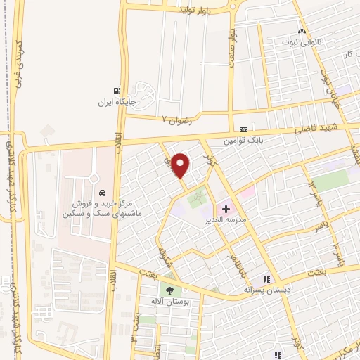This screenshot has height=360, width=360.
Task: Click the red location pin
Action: [181, 165]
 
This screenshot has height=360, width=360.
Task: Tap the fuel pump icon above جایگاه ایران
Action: [117, 90]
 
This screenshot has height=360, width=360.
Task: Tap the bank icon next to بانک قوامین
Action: [243, 130]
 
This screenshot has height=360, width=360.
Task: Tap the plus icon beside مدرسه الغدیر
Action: [226, 209]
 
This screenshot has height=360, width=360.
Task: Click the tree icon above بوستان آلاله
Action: [169, 290]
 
